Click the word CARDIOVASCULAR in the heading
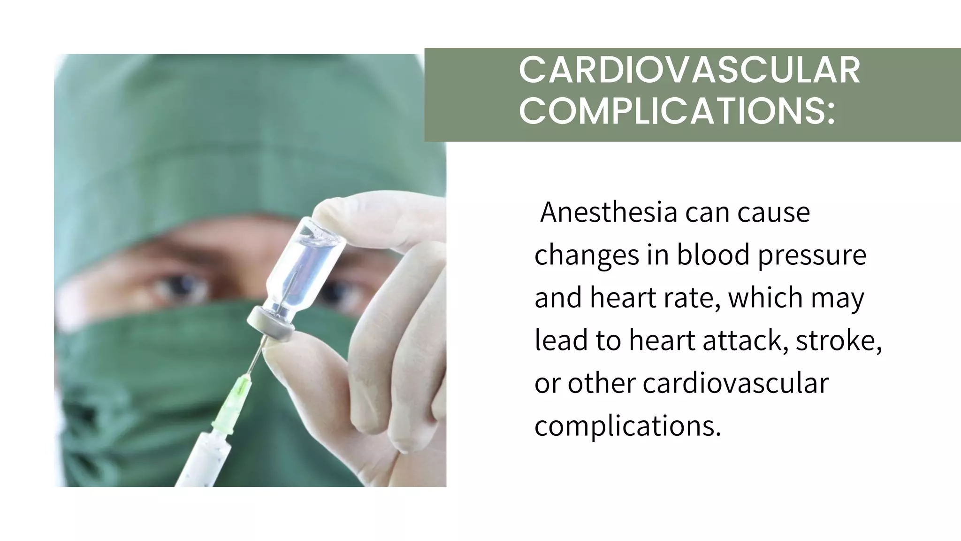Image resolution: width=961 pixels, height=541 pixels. click(x=689, y=70)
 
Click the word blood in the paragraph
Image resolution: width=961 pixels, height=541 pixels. click(x=713, y=255)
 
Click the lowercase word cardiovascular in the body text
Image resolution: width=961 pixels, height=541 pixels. click(x=735, y=383)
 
